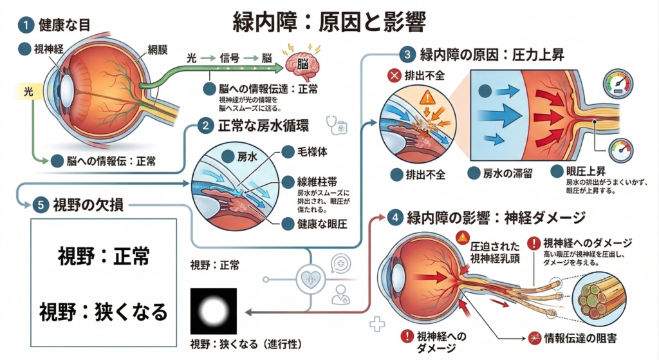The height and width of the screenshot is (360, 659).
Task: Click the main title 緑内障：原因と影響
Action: pyautogui.click(x=329, y=21)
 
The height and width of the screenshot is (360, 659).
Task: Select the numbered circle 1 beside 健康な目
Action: pyautogui.click(x=25, y=25)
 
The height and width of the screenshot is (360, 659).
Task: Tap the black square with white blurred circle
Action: pyautogui.click(x=214, y=311)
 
